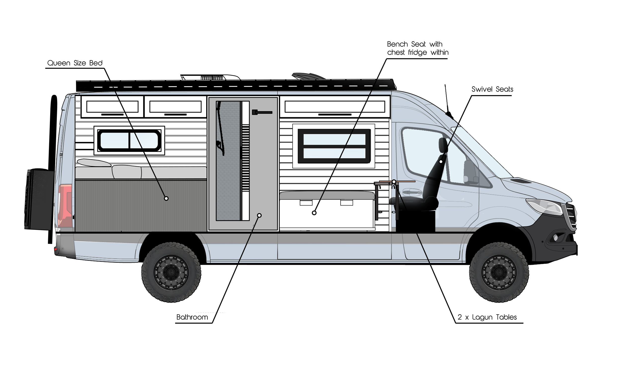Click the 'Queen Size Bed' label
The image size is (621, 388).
[75, 63]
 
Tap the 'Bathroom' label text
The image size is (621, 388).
[192, 317]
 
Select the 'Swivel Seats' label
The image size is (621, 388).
[492, 89]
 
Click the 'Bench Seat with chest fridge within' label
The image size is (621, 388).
[418, 48]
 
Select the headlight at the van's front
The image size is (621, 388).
[544, 207]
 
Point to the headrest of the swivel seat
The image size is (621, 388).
[443, 144]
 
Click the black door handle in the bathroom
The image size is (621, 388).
[262, 112]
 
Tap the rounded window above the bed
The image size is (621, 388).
[129, 140]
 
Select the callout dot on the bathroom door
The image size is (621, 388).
[259, 215]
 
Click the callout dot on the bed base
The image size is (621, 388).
[166, 198]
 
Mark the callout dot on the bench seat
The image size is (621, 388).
[314, 213]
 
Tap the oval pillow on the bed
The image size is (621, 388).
[94, 163]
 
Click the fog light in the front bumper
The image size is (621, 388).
[555, 238]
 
